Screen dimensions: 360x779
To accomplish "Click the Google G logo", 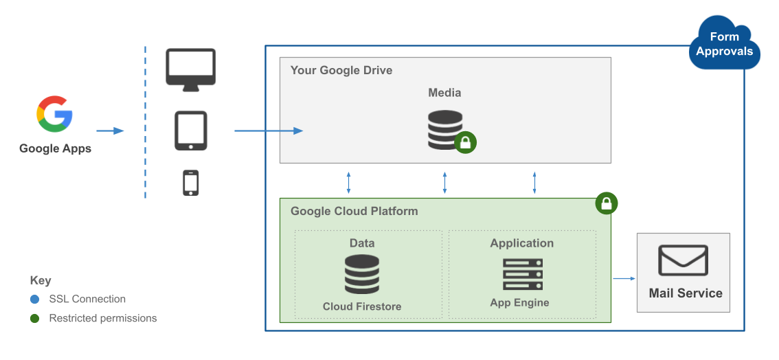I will (55, 114).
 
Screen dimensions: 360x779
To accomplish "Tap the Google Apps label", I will (55, 148).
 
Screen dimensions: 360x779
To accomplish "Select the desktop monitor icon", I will (190, 69).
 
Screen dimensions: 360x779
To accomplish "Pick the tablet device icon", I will (190, 131).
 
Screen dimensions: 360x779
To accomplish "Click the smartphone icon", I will (190, 183).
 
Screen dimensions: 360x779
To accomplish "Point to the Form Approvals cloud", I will (724, 44).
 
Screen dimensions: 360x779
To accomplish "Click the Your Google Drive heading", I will (341, 70).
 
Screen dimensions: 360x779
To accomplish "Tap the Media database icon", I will (444, 130).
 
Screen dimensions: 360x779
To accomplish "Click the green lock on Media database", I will (466, 143).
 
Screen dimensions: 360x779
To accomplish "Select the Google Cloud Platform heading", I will (354, 211).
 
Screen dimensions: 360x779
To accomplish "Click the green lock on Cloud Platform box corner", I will (607, 203).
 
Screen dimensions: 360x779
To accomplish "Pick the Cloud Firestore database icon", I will (362, 274).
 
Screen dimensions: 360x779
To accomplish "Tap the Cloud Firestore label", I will (362, 306).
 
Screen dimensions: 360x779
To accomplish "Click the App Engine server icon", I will (522, 274).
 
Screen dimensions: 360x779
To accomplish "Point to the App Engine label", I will (519, 302).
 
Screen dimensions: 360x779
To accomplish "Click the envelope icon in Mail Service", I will (683, 260).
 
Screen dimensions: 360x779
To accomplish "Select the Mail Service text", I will (686, 293).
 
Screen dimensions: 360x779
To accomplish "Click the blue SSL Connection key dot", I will (35, 300).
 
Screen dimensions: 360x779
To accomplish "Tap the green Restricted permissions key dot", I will (35, 319).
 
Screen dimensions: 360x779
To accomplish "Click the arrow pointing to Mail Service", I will (623, 278).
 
